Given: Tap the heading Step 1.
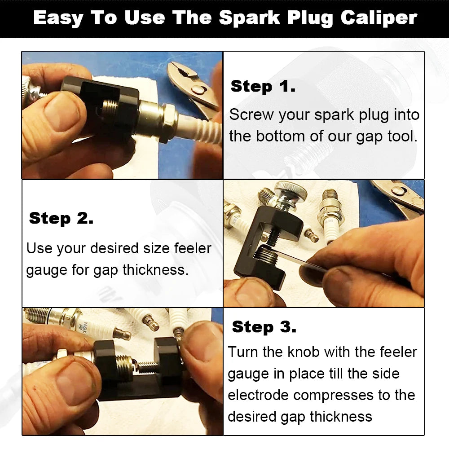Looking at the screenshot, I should [x=263, y=86].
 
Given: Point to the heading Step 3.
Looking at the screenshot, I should [x=264, y=327].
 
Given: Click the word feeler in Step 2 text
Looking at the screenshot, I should [x=188, y=248].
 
